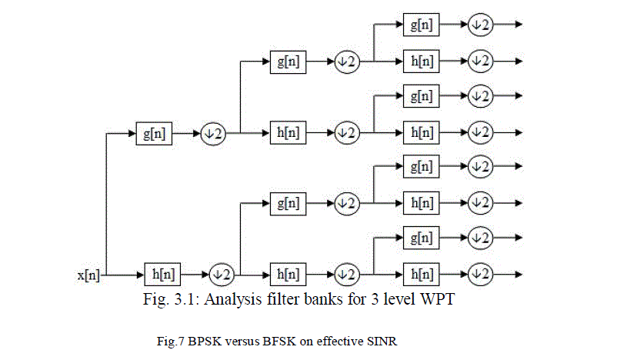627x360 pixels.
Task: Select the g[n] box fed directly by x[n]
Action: [154, 134]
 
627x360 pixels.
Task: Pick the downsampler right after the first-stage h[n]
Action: [221, 274]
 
